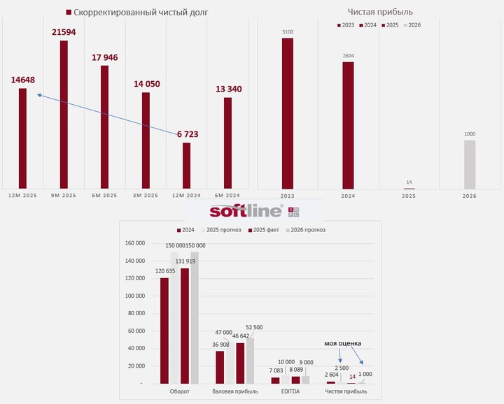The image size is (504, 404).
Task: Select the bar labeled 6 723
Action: pyautogui.click(x=187, y=165)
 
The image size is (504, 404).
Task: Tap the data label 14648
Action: pyautogui.click(x=23, y=80)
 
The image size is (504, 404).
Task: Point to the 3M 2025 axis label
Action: pyautogui.click(x=146, y=195)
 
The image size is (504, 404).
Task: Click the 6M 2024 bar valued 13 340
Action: pyautogui.click(x=227, y=143)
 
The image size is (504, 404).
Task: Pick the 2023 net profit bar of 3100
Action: pyautogui.click(x=288, y=113)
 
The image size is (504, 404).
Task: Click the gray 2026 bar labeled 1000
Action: pyautogui.click(x=470, y=164)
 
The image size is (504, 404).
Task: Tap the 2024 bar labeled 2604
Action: pyautogui.click(x=348, y=125)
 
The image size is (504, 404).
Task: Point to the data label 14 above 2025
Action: pyautogui.click(x=409, y=183)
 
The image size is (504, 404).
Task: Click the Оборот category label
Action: pyautogui.click(x=180, y=391)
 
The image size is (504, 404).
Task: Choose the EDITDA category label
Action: pyautogui.click(x=291, y=391)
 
